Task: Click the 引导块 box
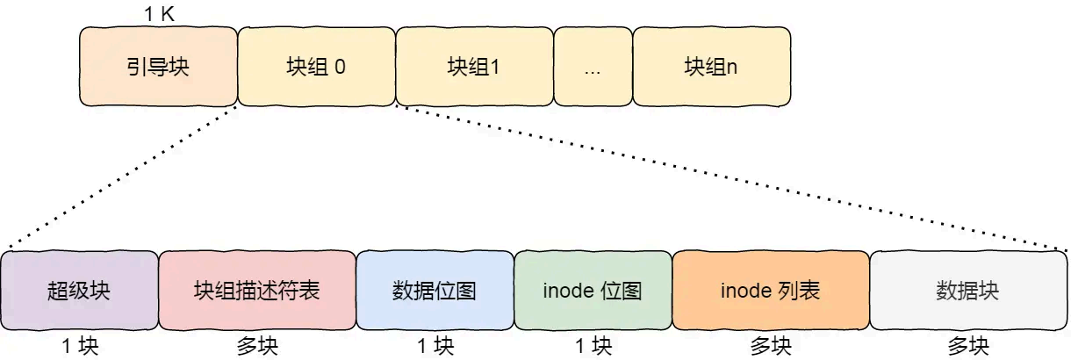pyautogui.click(x=158, y=67)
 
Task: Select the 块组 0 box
pyautogui.click(x=316, y=67)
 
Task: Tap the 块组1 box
pyautogui.click(x=474, y=67)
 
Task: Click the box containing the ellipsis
pyautogui.click(x=593, y=67)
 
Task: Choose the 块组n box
pyautogui.click(x=711, y=67)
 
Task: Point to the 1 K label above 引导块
pyautogui.click(x=160, y=13)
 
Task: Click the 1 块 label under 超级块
pyautogui.click(x=80, y=346)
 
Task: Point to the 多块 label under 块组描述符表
pyautogui.click(x=256, y=346)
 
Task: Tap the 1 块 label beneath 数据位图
pyautogui.click(x=435, y=346)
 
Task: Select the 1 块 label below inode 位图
pyautogui.click(x=593, y=346)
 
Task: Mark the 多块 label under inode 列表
pyautogui.click(x=770, y=346)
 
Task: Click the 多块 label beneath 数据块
pyautogui.click(x=967, y=346)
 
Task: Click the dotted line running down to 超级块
pyautogui.click(x=123, y=176)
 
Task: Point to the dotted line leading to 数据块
pyautogui.click(x=729, y=176)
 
